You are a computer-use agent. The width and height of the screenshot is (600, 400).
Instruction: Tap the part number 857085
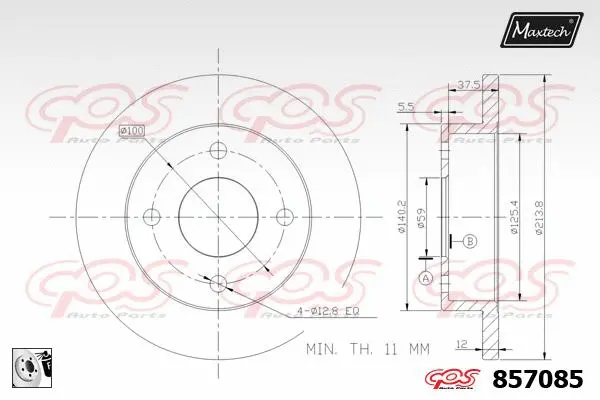(544, 380)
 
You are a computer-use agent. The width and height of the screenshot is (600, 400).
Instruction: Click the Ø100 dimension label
(131, 131)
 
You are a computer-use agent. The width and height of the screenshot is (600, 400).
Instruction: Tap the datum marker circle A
(426, 277)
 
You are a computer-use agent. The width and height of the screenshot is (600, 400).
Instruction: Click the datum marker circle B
(470, 240)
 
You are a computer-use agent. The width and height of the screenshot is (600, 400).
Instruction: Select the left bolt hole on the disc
(153, 217)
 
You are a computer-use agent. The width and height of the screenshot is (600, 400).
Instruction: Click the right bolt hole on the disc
(283, 217)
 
